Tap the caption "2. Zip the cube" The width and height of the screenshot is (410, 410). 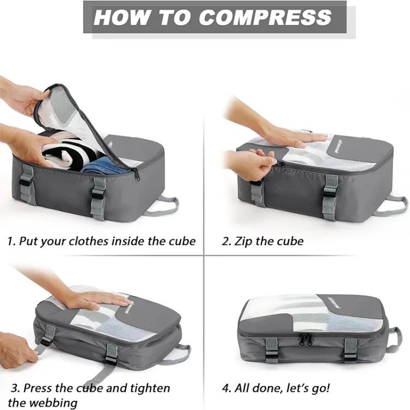262,241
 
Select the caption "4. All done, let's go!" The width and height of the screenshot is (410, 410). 276,389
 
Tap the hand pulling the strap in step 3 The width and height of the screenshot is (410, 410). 16,350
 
